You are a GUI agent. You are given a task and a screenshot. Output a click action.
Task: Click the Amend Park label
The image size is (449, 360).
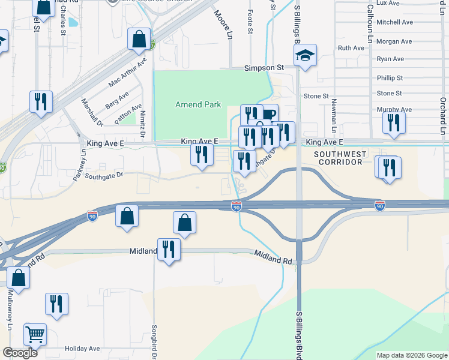click(198, 104)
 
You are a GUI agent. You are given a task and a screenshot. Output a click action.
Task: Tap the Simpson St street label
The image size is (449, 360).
click(264, 68)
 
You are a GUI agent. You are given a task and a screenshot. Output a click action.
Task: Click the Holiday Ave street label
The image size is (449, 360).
click(82, 349)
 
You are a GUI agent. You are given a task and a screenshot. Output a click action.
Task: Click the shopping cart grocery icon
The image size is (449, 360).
click(35, 334)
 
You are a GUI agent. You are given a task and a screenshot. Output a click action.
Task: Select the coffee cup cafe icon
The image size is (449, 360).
click(268, 114)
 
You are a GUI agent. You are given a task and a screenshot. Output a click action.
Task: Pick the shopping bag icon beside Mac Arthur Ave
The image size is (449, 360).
click(139, 39)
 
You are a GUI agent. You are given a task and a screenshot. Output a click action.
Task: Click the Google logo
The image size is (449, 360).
click(20, 353)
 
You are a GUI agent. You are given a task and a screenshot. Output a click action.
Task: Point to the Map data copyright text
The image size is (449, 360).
click(412, 355)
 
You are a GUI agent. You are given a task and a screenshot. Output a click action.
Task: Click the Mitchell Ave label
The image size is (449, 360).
click(395, 22)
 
